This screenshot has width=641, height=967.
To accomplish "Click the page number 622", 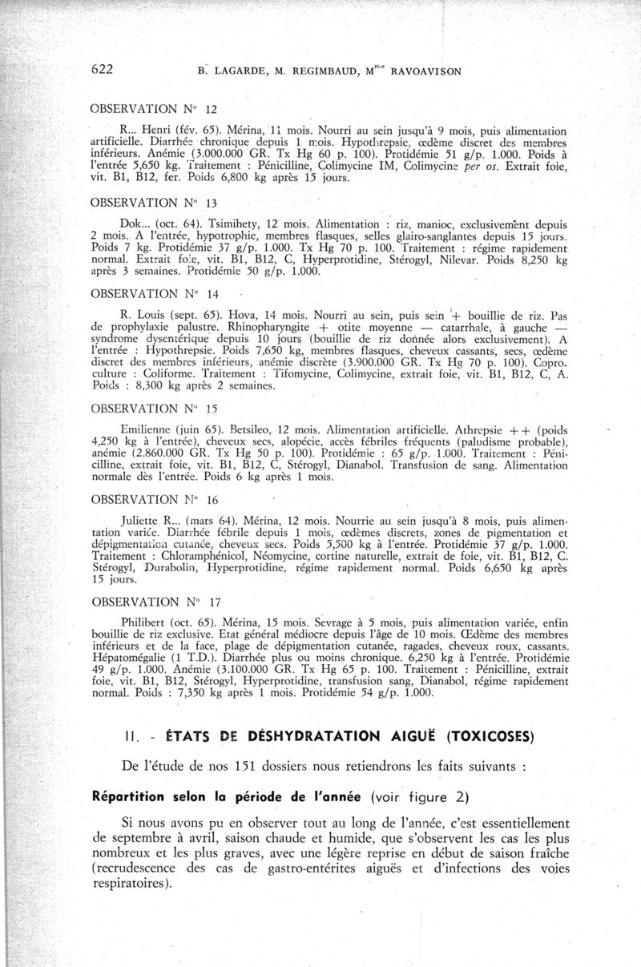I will (x=103, y=69).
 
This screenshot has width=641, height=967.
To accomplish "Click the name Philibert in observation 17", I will (x=146, y=619).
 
